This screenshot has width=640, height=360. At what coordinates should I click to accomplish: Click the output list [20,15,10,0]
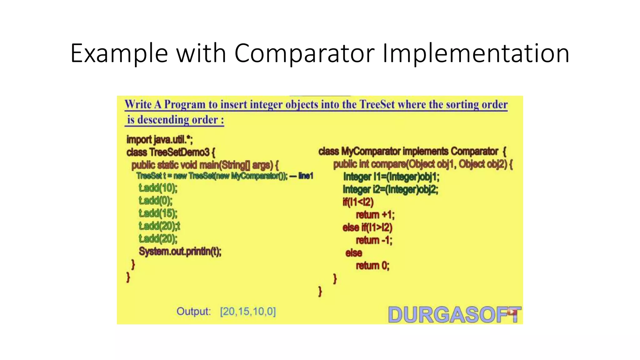coord(248,312)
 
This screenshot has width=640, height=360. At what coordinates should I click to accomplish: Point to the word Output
coord(194,312)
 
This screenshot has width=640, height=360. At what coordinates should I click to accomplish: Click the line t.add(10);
coord(158,188)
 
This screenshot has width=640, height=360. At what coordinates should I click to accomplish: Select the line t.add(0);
coord(155,201)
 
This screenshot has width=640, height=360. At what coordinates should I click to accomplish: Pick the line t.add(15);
coord(158,213)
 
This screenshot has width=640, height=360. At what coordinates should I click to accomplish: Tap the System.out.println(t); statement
coord(180,251)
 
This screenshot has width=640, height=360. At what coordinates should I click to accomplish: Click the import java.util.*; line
coord(159,139)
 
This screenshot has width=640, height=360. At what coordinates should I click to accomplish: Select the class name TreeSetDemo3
coord(179,152)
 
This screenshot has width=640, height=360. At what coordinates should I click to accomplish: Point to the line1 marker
coord(305,176)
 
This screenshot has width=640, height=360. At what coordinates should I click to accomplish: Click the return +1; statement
coord(375,215)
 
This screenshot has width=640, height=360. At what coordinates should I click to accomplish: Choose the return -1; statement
coord(374,240)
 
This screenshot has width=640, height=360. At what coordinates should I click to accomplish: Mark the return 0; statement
coord(372,266)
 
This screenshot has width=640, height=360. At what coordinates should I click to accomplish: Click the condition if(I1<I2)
coord(358,202)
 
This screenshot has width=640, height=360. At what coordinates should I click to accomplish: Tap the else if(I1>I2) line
coord(367,227)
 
